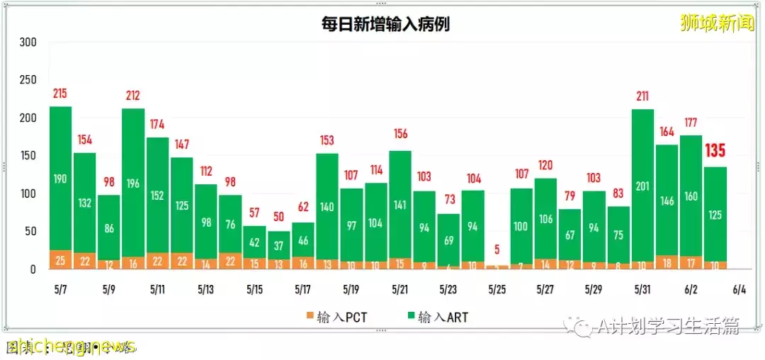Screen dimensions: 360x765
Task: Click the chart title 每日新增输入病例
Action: [x=384, y=24]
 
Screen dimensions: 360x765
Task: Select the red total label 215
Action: [x=60, y=94]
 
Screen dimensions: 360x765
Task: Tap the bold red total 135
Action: [x=715, y=151]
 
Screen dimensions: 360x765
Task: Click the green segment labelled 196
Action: [x=133, y=183]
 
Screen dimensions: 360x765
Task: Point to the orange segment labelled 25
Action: [x=60, y=261]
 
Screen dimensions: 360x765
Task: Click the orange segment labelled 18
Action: [x=667, y=262]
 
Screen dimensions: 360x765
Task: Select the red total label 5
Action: [x=497, y=249]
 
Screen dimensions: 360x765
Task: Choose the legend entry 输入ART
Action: [x=437, y=317]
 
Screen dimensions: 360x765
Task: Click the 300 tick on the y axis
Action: [x=28, y=43]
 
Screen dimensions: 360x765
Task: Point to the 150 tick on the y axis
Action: [x=28, y=156]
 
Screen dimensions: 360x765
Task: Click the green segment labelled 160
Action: [x=691, y=196]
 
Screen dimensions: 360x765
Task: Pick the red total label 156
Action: [x=400, y=134]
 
